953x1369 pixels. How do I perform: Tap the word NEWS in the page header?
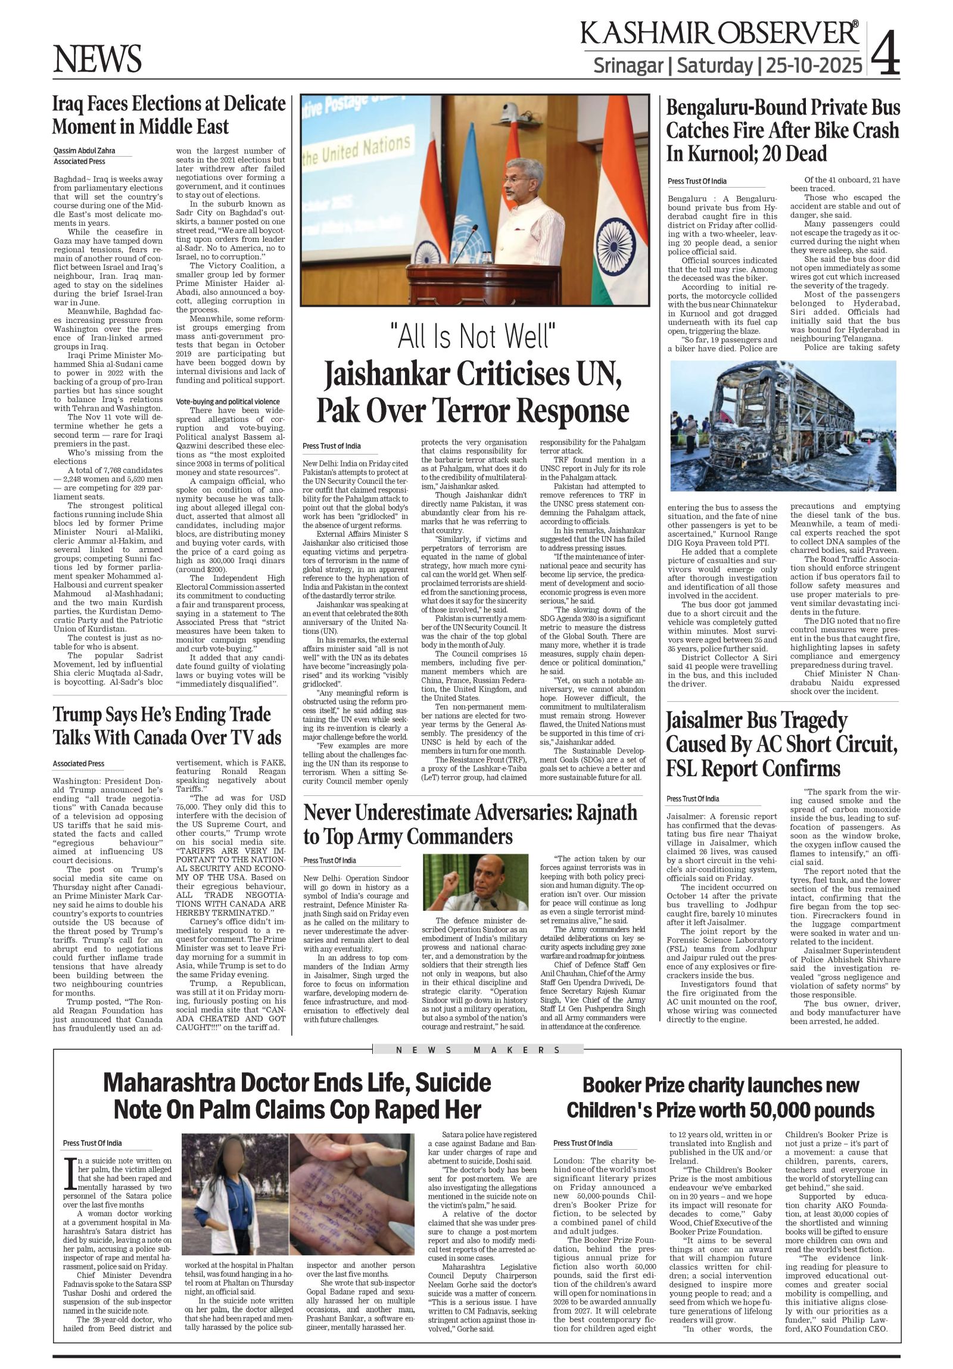(x=97, y=59)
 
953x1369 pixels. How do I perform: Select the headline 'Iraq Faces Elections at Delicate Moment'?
(x=169, y=115)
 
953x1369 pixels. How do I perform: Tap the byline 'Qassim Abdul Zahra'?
(x=84, y=151)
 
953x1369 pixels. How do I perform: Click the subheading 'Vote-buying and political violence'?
(x=228, y=402)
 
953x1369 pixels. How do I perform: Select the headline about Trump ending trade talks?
(x=167, y=726)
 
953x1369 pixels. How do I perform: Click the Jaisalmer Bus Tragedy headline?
(x=781, y=745)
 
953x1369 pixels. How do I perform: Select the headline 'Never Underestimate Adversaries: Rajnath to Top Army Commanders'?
(x=470, y=824)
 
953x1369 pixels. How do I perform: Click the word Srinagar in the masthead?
(x=628, y=65)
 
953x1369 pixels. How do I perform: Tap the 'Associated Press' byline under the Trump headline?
(x=79, y=763)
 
